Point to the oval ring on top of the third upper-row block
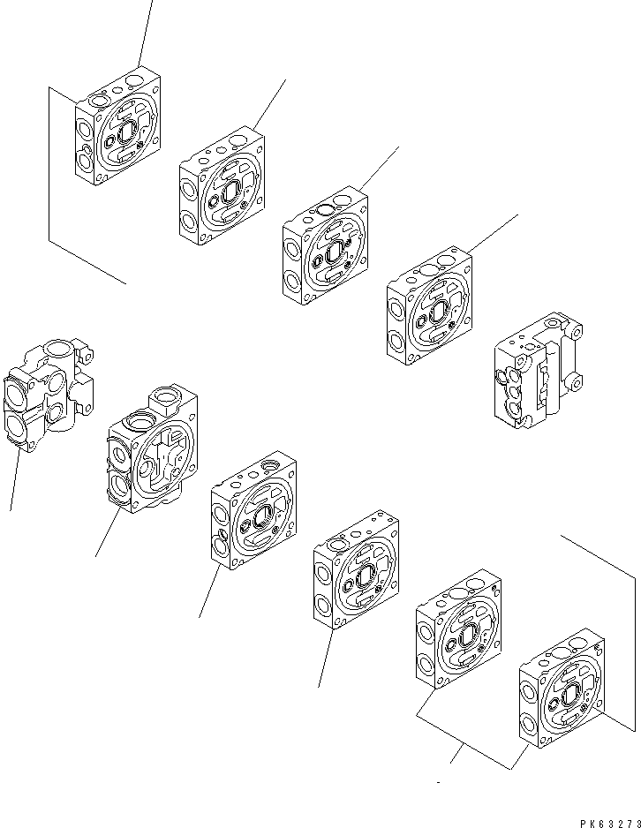(326, 209)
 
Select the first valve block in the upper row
(119, 131)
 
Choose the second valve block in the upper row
(222, 186)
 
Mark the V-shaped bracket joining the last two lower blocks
(458, 750)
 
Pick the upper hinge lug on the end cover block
(573, 327)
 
